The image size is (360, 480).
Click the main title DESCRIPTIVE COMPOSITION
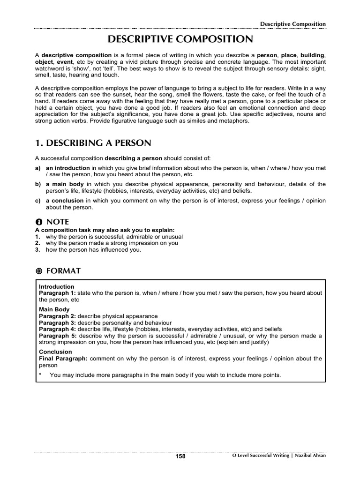tap(180, 39)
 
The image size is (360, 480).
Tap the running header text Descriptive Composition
tap(293, 24)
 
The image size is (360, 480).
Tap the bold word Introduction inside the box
tap(56, 286)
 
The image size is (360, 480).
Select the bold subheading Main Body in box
tap(54, 309)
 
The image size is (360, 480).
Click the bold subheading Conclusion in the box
tap(55, 352)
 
